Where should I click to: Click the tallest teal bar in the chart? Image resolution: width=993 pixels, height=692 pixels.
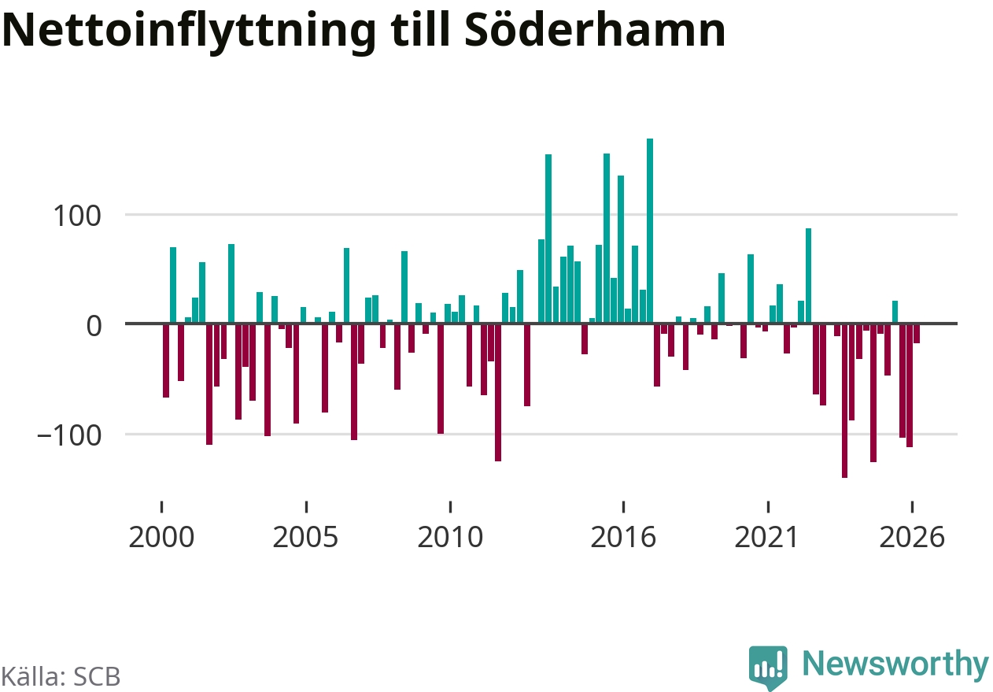(x=650, y=231)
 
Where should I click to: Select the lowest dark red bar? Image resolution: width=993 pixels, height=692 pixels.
(x=844, y=401)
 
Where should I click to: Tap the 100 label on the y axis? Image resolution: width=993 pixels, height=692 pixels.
(x=77, y=216)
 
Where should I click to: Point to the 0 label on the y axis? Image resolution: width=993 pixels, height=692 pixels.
(x=94, y=326)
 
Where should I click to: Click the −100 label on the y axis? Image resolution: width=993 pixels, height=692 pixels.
(x=69, y=435)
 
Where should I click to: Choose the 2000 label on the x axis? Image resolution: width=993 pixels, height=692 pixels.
(x=161, y=537)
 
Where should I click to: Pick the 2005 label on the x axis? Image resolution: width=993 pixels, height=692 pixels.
(x=305, y=537)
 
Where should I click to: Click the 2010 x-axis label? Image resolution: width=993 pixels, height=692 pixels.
(x=450, y=537)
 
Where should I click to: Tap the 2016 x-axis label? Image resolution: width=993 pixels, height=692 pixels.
(x=623, y=537)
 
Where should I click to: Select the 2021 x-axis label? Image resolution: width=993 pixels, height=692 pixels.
(x=767, y=537)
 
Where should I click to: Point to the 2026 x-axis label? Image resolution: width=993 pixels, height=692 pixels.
(x=912, y=537)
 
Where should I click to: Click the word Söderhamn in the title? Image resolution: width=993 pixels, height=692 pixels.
(x=595, y=30)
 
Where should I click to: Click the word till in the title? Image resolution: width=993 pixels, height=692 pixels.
(x=420, y=29)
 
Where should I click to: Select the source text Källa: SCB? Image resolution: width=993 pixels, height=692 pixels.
(x=61, y=676)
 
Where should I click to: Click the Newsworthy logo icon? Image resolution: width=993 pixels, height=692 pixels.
(x=768, y=667)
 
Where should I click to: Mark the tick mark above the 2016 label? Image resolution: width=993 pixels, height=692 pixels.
(x=623, y=506)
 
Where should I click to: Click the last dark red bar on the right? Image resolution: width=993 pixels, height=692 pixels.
(x=917, y=334)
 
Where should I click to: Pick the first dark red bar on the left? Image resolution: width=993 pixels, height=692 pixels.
(x=166, y=361)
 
